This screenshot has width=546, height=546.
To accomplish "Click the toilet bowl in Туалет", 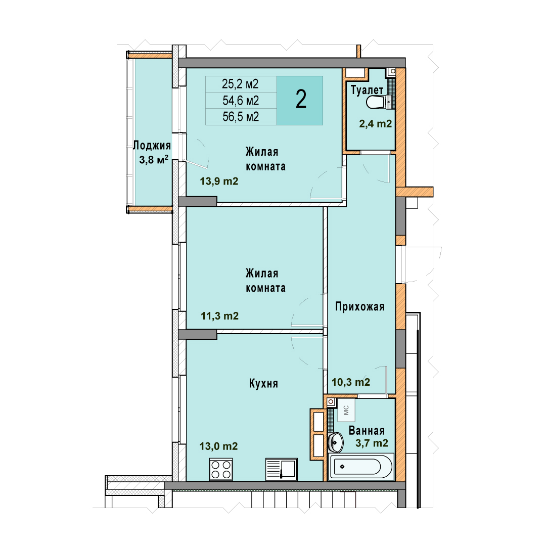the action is (377, 102).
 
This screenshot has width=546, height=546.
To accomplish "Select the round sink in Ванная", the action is (336, 442).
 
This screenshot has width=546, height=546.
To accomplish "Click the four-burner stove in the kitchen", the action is (221, 469).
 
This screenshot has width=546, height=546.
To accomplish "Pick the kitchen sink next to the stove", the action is (282, 469).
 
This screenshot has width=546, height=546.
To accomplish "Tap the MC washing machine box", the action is (346, 410).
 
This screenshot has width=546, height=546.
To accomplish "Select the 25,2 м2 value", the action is (240, 84).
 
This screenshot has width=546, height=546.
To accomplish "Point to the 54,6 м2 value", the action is (241, 101).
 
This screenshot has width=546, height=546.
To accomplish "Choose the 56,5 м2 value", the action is (241, 117).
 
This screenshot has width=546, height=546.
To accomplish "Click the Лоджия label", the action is (152, 145).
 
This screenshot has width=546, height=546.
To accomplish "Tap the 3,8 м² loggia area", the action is (154, 160).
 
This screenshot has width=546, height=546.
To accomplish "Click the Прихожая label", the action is (360, 306).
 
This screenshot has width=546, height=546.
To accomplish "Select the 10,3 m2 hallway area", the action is (351, 382).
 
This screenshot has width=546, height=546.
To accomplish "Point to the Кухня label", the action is (263, 383).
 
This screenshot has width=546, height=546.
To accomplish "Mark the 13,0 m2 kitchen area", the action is (218, 446).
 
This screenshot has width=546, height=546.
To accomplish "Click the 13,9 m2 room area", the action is (219, 181).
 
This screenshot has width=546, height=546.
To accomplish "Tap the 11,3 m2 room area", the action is (220, 316).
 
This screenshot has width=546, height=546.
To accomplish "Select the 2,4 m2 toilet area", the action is (375, 124).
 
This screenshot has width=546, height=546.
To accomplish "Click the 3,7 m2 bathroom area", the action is (372, 443).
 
